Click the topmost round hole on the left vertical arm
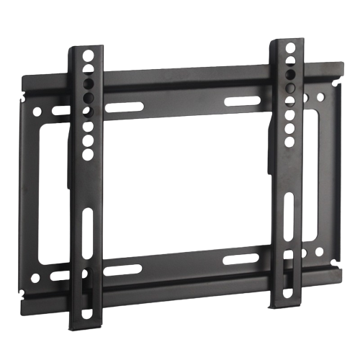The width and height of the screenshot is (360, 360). pyautogui.click(x=87, y=55)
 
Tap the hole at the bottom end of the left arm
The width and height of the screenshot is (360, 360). pyautogui.click(x=87, y=314)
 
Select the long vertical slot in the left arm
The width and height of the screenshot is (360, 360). pyautogui.click(x=87, y=232)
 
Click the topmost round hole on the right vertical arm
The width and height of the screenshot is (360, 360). pyautogui.click(x=289, y=48)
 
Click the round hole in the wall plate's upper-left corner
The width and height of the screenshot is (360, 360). pyautogui.click(x=35, y=112)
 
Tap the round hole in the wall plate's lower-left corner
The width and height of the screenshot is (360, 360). pyautogui.click(x=35, y=277)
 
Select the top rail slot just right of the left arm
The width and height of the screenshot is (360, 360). pyautogui.click(x=123, y=107)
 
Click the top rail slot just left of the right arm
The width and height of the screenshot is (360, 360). pyautogui.click(x=241, y=102)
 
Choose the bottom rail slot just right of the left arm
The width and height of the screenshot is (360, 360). pyautogui.click(x=123, y=270)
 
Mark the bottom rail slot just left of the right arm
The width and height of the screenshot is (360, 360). pyautogui.click(x=241, y=258)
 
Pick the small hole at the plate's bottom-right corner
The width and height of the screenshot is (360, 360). pyautogui.click(x=319, y=252)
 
